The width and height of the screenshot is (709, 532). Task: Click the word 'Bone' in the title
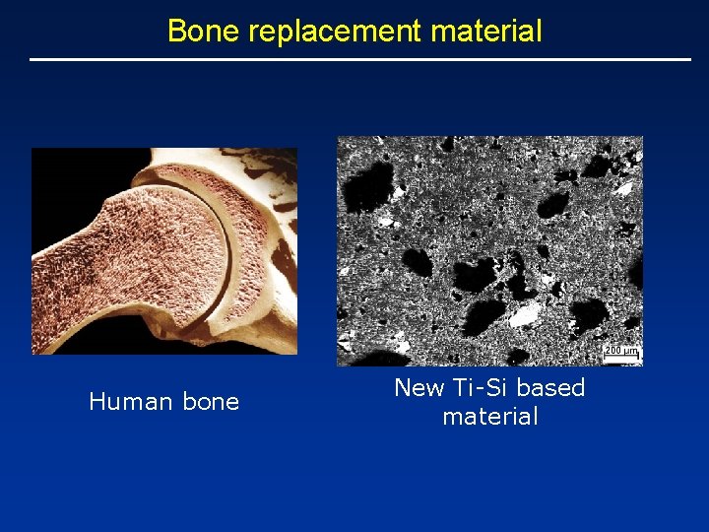point(203,31)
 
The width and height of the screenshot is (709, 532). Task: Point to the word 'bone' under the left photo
point(210,402)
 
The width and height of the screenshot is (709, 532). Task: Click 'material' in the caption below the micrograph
point(490,417)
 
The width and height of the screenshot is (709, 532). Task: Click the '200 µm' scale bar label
point(621,351)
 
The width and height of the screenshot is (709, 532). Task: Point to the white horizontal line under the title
point(360,60)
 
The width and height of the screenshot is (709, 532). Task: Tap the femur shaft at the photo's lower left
point(69,296)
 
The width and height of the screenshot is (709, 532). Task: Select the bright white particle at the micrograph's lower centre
point(527,313)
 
